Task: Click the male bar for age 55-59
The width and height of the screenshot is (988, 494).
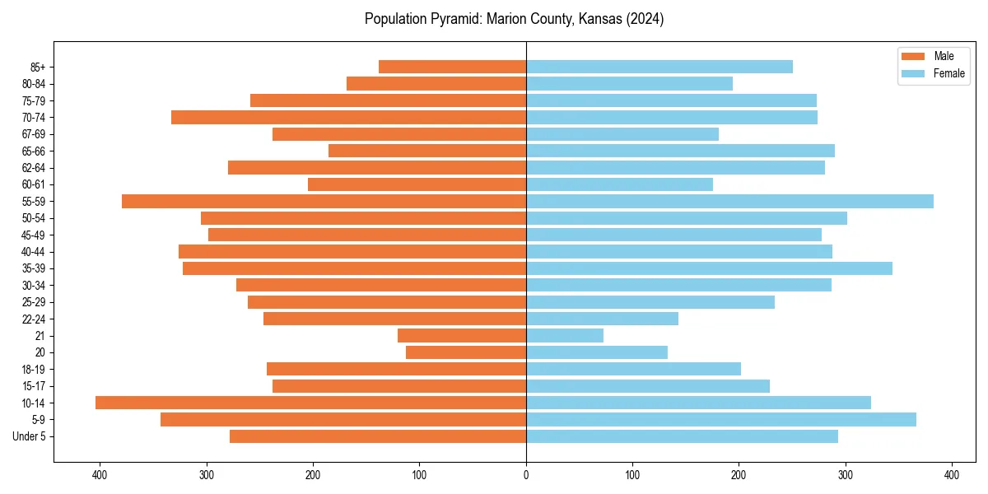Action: pos(324,202)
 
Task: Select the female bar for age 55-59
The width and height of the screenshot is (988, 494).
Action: pos(729,202)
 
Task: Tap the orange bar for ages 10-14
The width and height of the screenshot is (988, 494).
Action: pos(310,403)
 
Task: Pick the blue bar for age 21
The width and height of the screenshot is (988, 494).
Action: pos(565,336)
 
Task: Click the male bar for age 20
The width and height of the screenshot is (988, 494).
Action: pos(466,352)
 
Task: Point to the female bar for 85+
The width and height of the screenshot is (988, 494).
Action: pos(659,67)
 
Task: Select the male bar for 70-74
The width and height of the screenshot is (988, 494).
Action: pos(348,118)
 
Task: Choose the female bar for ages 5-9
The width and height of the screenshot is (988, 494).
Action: pos(721,420)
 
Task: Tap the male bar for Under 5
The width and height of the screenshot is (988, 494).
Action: pos(378,436)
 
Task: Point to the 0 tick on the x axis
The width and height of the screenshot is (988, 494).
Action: pos(526,474)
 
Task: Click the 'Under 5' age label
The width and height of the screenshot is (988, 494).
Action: pos(29,436)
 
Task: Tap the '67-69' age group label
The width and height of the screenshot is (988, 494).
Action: pos(34,134)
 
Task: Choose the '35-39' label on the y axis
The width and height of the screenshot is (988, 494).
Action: pos(34,268)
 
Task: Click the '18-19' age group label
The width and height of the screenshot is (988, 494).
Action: pos(34,370)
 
